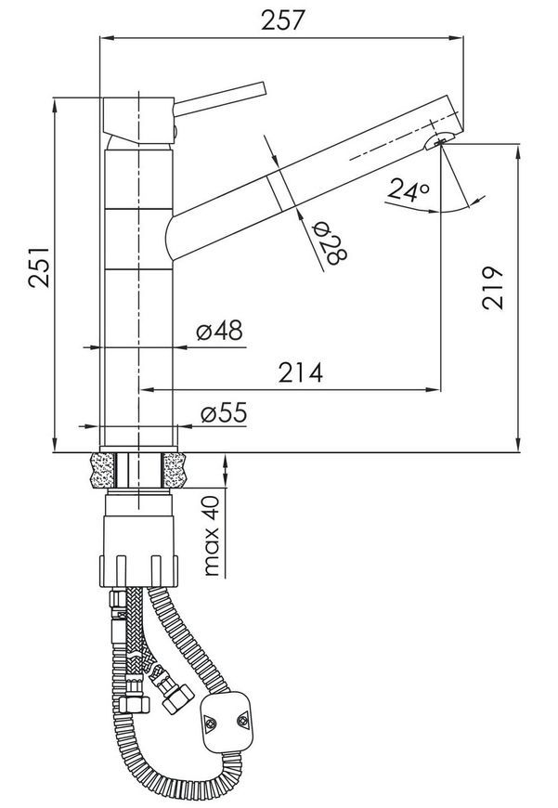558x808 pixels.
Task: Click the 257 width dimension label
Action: click(x=283, y=20)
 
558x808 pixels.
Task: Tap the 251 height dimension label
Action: click(x=39, y=267)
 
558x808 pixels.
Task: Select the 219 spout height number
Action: click(x=493, y=288)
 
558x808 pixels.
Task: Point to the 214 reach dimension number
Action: click(x=301, y=372)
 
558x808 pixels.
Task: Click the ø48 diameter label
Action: click(x=219, y=330)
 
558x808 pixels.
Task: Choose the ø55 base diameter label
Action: click(x=224, y=412)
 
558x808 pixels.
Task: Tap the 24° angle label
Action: click(x=409, y=189)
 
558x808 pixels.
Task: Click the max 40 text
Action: click(x=212, y=536)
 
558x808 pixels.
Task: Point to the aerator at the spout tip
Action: click(x=438, y=139)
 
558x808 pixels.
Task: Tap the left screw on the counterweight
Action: click(x=212, y=723)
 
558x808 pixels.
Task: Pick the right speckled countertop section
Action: click(x=175, y=471)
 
